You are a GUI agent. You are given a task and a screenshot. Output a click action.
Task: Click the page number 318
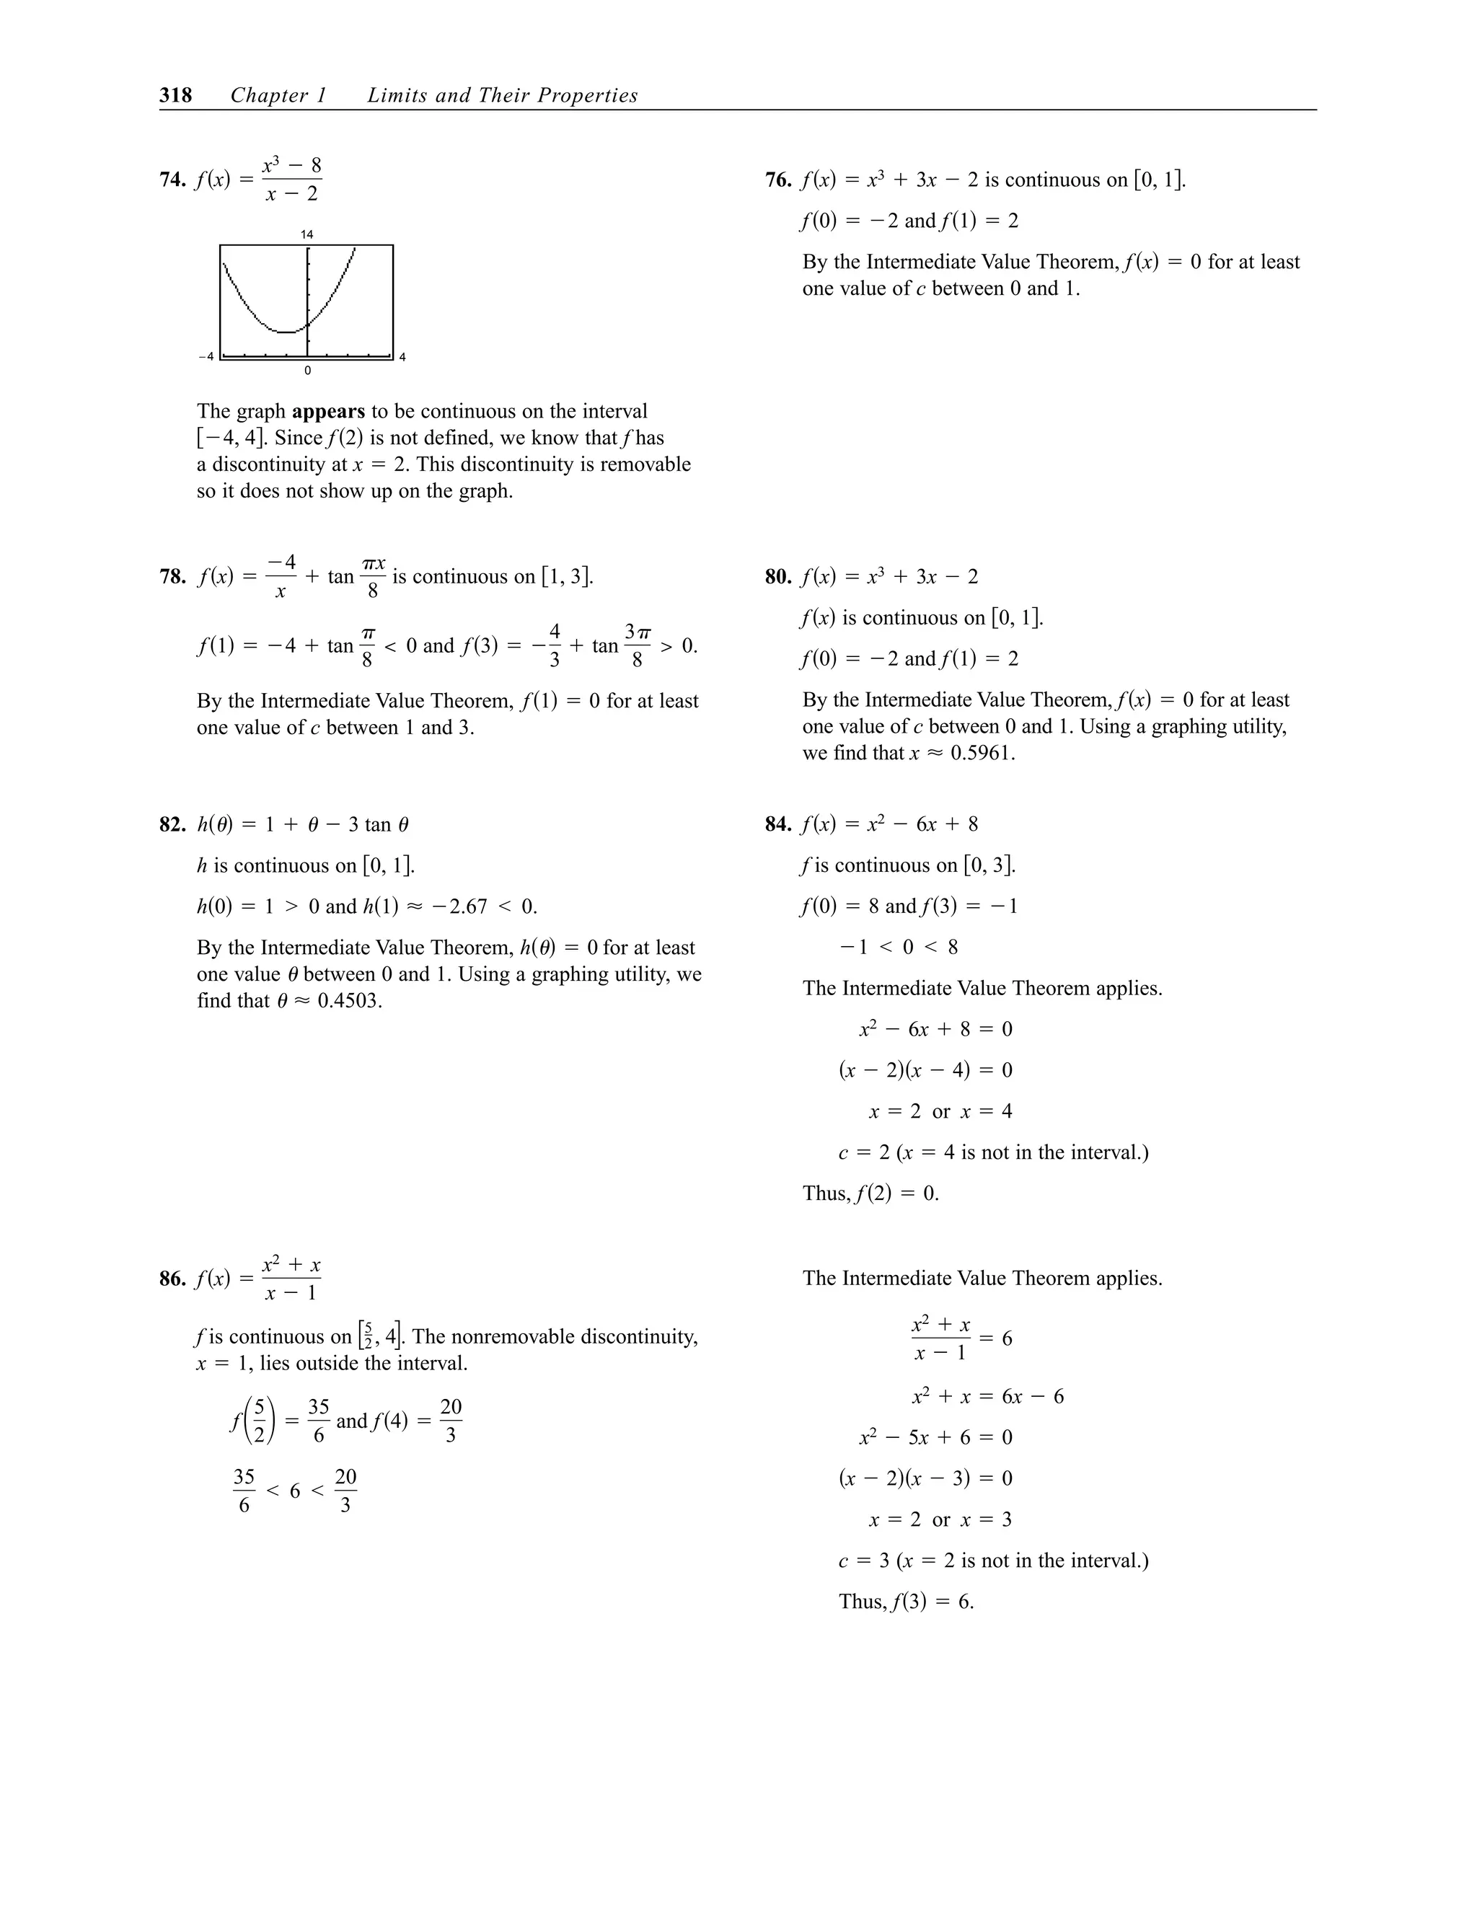176,95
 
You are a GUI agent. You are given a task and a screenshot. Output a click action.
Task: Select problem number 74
172,180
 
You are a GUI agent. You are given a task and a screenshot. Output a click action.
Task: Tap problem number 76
777,180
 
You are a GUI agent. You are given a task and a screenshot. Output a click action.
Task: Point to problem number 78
172,577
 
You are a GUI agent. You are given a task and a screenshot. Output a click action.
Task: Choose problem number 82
172,824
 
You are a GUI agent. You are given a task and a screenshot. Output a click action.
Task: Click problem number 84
777,824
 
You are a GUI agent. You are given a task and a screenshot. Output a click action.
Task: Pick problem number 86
172,1279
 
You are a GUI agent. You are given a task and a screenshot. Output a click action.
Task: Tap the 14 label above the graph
307,234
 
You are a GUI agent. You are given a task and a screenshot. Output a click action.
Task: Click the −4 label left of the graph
206,356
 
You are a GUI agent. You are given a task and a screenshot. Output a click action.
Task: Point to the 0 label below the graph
307,371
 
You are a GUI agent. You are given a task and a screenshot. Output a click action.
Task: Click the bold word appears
328,411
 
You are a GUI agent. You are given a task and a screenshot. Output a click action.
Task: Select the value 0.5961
982,754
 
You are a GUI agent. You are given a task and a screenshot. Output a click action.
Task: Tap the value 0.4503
349,1001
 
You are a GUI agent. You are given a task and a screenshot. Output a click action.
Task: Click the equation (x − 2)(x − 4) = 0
925,1070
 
